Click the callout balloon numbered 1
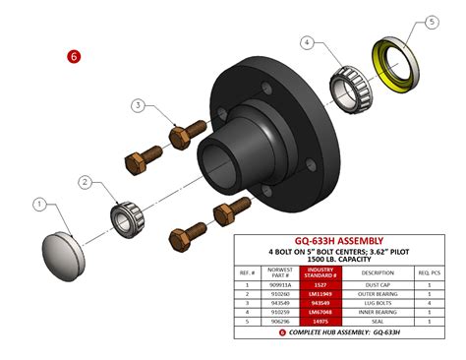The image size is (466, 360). (x=40, y=205)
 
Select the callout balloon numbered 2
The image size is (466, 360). (x=86, y=183)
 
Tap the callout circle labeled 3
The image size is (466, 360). (x=139, y=105)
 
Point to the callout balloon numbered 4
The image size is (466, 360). (x=309, y=44)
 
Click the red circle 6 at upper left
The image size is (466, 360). (x=73, y=57)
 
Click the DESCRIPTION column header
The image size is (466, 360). (x=378, y=271)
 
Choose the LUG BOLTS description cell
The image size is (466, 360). (x=378, y=301)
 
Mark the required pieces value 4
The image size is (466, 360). (x=430, y=301)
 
